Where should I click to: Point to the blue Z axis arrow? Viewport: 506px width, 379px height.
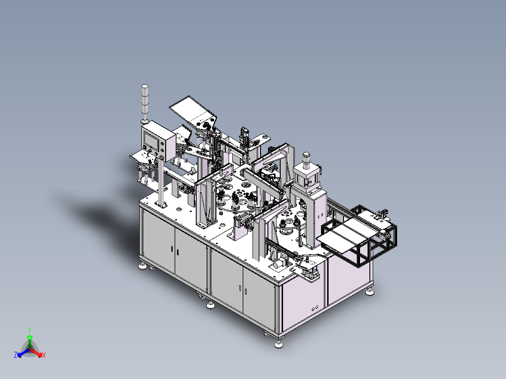pos(23,353)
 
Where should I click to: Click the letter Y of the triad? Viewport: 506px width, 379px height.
pos(30,330)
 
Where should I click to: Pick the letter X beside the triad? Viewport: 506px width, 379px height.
pos(44,355)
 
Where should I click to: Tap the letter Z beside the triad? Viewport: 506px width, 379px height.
pos(15,355)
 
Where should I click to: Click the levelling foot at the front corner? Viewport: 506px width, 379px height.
pos(279,344)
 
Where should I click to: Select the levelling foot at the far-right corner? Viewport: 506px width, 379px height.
pos(370,292)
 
